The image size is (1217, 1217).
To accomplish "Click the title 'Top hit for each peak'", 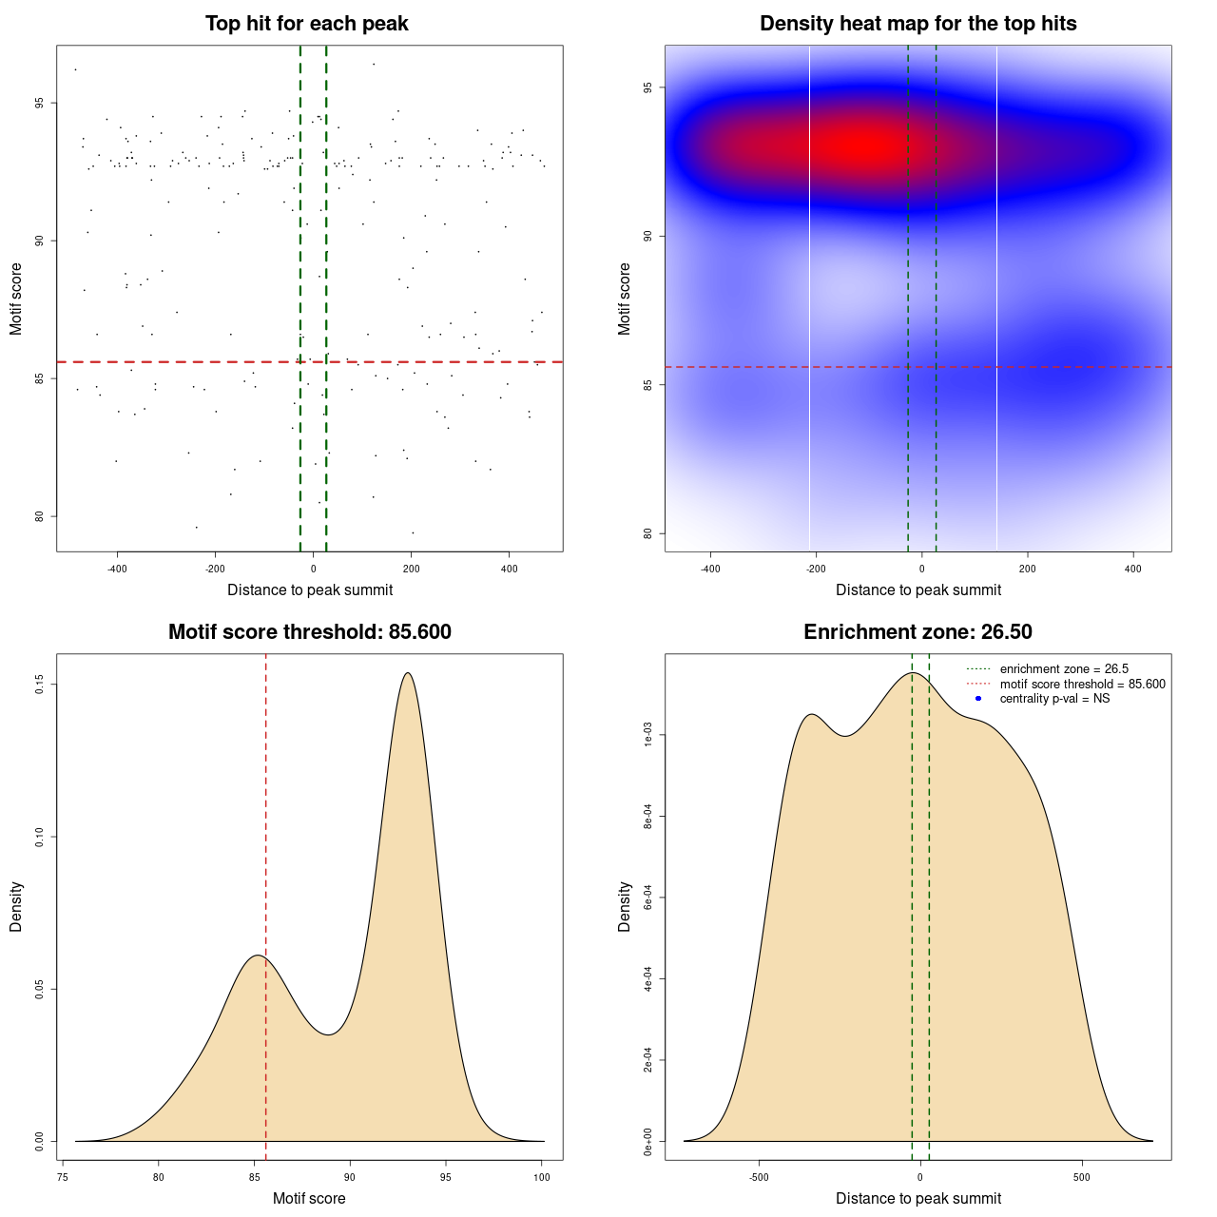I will tap(306, 24).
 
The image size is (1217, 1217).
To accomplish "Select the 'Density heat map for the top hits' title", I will tap(918, 24).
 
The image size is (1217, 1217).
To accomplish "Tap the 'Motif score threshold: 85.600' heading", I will tap(309, 632).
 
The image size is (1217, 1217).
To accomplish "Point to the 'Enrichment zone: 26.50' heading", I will tap(918, 632).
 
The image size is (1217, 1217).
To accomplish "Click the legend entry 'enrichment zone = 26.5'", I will tap(1064, 669).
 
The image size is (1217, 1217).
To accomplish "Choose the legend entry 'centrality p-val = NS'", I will tap(1054, 699).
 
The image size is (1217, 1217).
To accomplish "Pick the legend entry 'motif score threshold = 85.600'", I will tap(1082, 684).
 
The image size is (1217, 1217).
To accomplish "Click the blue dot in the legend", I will tap(978, 699).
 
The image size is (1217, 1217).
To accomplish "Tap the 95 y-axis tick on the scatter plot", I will tap(40, 103).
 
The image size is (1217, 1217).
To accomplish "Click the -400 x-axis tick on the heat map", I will tap(710, 569).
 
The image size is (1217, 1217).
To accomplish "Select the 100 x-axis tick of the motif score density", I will tap(541, 1177).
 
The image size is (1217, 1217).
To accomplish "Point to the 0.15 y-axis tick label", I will tap(40, 685).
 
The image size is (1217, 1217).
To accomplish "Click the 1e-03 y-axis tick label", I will tap(648, 735).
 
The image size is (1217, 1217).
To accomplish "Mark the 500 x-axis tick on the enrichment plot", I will tap(1081, 1177).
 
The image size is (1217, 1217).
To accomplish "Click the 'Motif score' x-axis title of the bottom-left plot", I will tap(309, 1198).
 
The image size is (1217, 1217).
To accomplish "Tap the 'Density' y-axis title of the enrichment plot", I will tap(625, 906).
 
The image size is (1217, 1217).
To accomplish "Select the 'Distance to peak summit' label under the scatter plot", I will tap(310, 589).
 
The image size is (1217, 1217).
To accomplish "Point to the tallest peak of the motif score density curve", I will tap(408, 673).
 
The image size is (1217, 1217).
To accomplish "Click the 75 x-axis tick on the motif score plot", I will tap(63, 1177).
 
